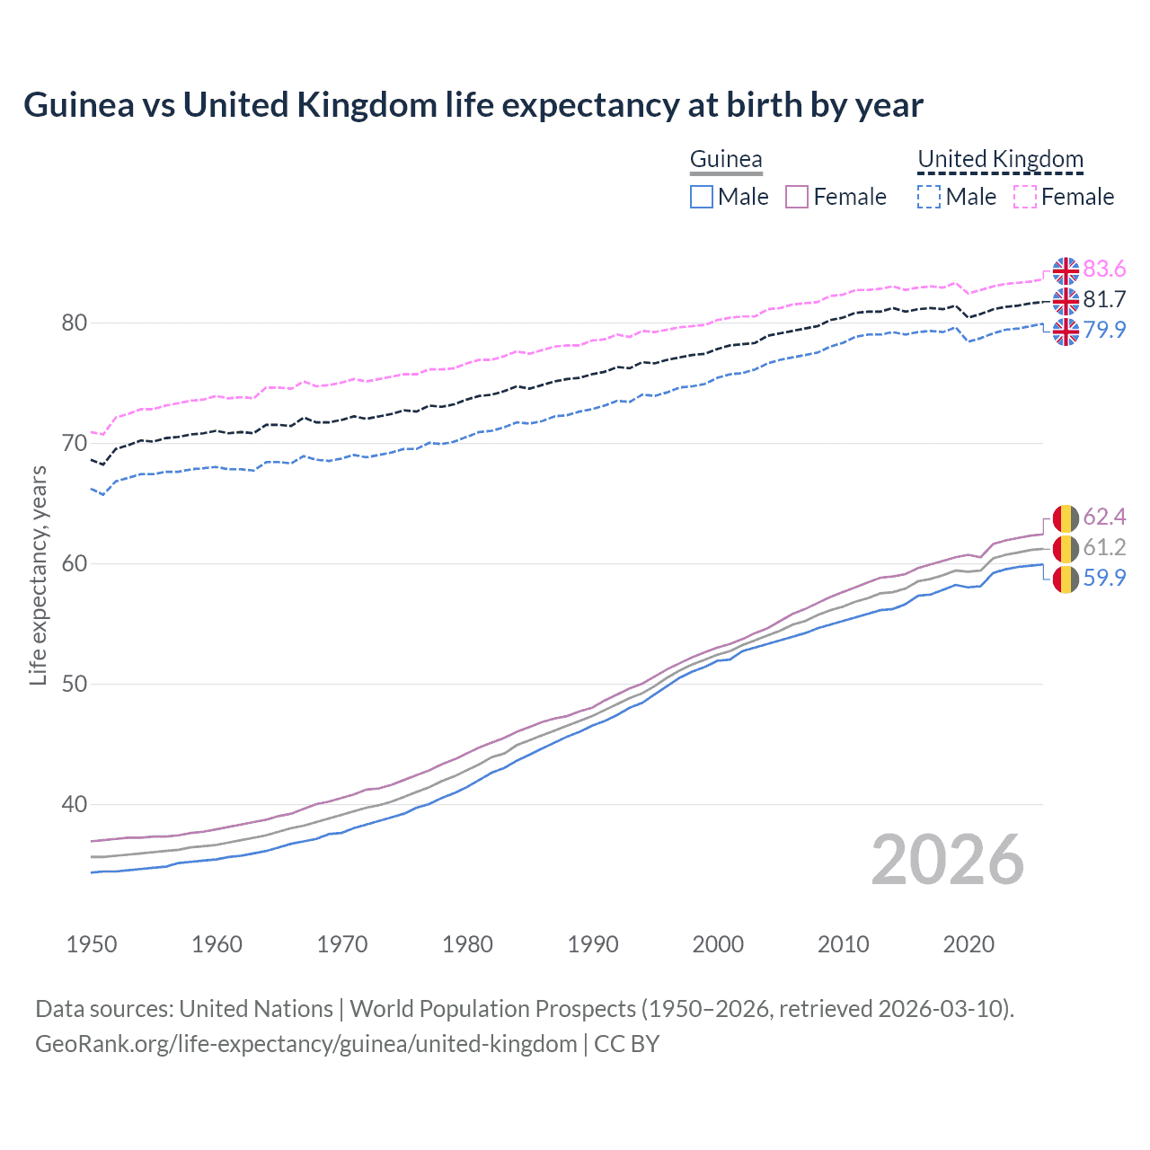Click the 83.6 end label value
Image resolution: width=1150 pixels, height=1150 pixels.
coord(1104,270)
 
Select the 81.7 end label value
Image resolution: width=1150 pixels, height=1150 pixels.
coord(1104,300)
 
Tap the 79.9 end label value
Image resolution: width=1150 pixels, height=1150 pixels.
coord(1104,331)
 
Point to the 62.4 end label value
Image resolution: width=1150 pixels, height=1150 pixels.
coord(1104,517)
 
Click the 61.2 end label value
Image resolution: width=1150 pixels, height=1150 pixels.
coord(1104,548)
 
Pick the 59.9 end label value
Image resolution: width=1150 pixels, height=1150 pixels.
coord(1104,579)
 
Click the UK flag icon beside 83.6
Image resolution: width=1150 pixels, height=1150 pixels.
coord(1066,270)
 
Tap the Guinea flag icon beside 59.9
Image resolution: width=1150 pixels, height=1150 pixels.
coord(1066,579)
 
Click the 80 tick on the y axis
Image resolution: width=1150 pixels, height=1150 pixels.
coord(74,323)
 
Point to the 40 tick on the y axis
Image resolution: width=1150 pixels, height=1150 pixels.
coord(74,805)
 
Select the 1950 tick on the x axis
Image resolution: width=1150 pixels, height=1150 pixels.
coord(92,944)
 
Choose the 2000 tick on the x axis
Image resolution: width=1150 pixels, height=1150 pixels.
coord(718,944)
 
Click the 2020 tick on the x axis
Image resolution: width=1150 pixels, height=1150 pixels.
coord(969,944)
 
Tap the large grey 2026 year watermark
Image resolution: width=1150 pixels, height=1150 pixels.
coord(948,861)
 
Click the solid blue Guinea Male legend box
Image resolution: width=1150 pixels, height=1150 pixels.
coord(702,197)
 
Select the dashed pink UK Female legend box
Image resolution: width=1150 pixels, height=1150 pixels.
coord(1025,197)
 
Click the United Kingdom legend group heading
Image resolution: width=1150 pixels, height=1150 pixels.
coord(1000,160)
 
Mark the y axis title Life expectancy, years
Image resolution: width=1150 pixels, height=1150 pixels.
coord(39,575)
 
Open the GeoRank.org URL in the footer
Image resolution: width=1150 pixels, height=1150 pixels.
coord(305,1044)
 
